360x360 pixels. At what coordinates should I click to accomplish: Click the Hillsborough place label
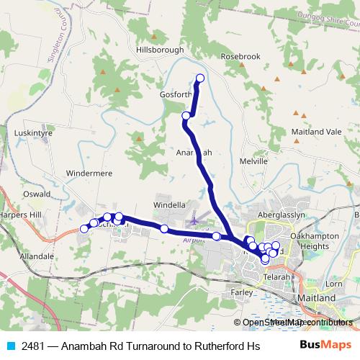[159, 50]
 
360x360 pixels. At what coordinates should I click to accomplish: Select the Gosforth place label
[175, 94]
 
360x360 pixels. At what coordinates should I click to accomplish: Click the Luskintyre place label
[33, 133]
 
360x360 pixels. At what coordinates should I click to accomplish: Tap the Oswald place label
[36, 194]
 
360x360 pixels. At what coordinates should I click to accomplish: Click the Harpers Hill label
[22, 216]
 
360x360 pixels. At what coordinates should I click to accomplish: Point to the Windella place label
[170, 205]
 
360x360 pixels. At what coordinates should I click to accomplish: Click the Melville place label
[253, 161]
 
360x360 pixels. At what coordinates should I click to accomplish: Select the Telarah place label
[276, 276]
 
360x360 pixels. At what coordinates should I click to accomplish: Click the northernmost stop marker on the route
[200, 78]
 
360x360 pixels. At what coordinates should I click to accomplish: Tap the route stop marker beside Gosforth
[186, 115]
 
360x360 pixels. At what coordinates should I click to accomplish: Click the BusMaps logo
[326, 345]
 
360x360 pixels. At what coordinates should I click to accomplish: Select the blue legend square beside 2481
[11, 346]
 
